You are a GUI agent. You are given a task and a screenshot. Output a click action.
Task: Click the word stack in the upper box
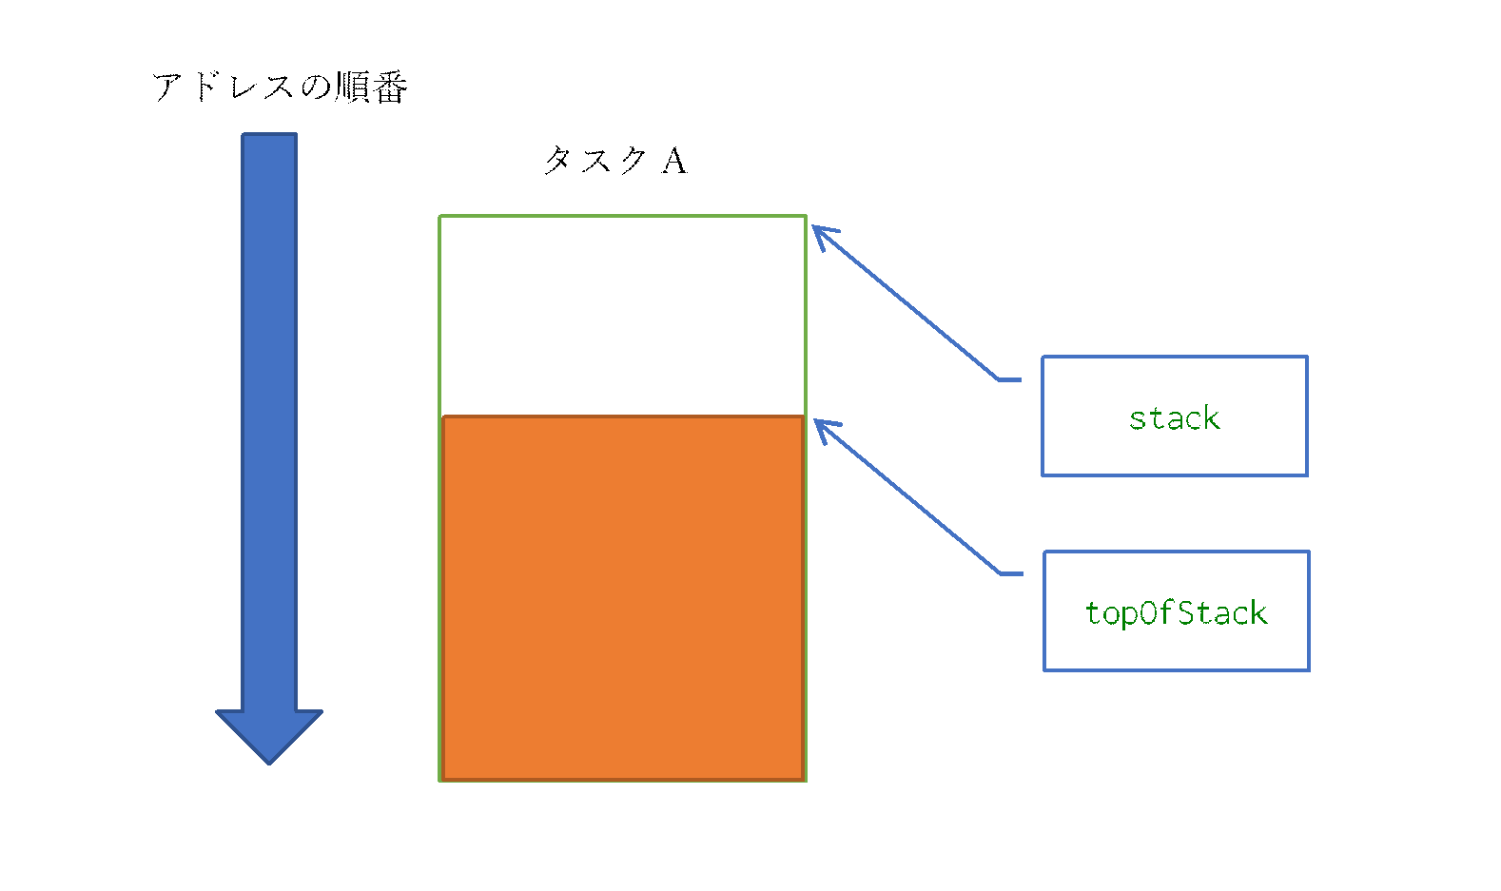click(x=1174, y=418)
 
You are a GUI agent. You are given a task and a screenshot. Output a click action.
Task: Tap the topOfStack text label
click(x=1176, y=613)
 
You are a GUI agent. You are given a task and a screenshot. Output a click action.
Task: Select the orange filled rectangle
click(x=623, y=598)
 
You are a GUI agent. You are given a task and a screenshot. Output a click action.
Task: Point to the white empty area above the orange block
click(x=622, y=316)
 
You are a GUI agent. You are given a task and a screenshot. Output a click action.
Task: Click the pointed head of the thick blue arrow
click(x=269, y=736)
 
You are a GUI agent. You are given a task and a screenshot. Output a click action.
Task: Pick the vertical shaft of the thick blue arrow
click(x=269, y=421)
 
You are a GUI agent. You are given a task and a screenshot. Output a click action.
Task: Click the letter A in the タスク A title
click(x=674, y=161)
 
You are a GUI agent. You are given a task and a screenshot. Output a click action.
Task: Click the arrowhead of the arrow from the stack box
click(x=822, y=236)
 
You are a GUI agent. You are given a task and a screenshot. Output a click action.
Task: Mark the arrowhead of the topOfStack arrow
click(x=824, y=430)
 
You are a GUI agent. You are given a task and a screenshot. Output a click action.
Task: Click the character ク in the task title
click(x=632, y=161)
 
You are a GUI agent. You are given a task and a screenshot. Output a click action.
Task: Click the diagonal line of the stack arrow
click(x=906, y=303)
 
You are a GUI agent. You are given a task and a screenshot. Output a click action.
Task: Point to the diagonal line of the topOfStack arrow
click(x=907, y=497)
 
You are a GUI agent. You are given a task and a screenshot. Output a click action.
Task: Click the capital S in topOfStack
click(x=1187, y=612)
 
